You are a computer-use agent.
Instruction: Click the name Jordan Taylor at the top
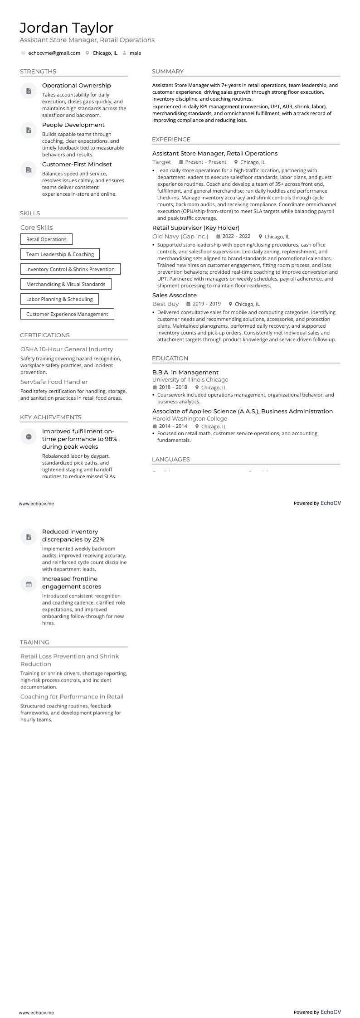click(x=66, y=28)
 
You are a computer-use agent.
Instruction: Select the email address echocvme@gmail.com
click(x=54, y=53)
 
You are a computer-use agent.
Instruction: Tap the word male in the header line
click(x=135, y=53)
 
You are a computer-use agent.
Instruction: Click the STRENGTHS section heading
click(x=38, y=72)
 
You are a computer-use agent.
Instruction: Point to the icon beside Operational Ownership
click(x=29, y=91)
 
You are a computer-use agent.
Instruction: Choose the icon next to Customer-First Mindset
click(x=29, y=170)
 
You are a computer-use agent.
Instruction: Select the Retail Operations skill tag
click(x=46, y=239)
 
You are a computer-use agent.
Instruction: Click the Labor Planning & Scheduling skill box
click(x=59, y=299)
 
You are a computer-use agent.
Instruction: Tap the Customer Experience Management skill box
click(x=67, y=314)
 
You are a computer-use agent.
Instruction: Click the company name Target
click(x=162, y=162)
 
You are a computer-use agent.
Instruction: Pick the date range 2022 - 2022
click(x=236, y=237)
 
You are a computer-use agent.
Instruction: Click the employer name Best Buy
click(x=165, y=304)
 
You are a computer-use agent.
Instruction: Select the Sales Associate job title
click(x=175, y=296)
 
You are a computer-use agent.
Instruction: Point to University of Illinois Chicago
click(x=190, y=380)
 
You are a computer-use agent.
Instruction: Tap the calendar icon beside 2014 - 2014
click(x=155, y=427)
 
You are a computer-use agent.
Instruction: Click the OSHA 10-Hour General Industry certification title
click(x=67, y=349)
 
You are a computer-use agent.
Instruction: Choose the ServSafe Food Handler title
click(x=54, y=382)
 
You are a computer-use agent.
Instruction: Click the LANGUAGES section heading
click(x=171, y=460)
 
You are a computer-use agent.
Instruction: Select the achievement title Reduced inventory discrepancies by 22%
click(x=73, y=536)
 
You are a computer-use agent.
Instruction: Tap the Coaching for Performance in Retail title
click(x=72, y=697)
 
